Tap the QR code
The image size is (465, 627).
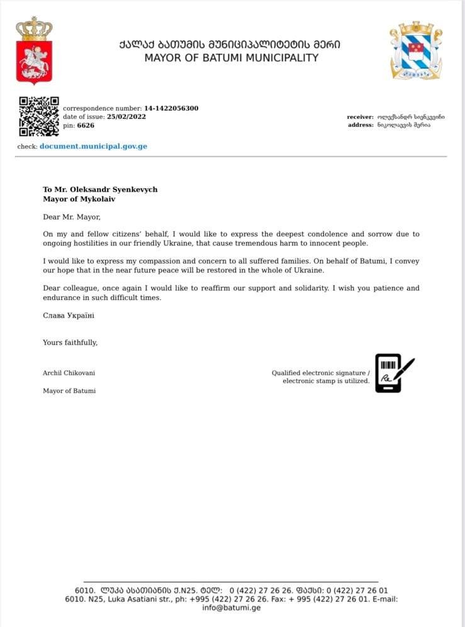tap(38, 116)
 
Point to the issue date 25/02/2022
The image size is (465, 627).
tap(126, 117)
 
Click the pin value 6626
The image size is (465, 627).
tap(86, 125)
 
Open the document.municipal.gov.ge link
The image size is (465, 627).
tap(93, 147)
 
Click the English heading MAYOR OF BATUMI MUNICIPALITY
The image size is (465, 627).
tap(231, 58)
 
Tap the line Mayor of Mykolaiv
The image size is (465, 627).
tap(79, 199)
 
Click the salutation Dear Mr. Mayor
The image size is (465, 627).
tap(71, 217)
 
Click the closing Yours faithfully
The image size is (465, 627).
tap(70, 342)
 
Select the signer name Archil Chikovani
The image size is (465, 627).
tap(69, 373)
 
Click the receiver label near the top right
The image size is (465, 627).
tap(360, 117)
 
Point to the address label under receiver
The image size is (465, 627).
tap(361, 125)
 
